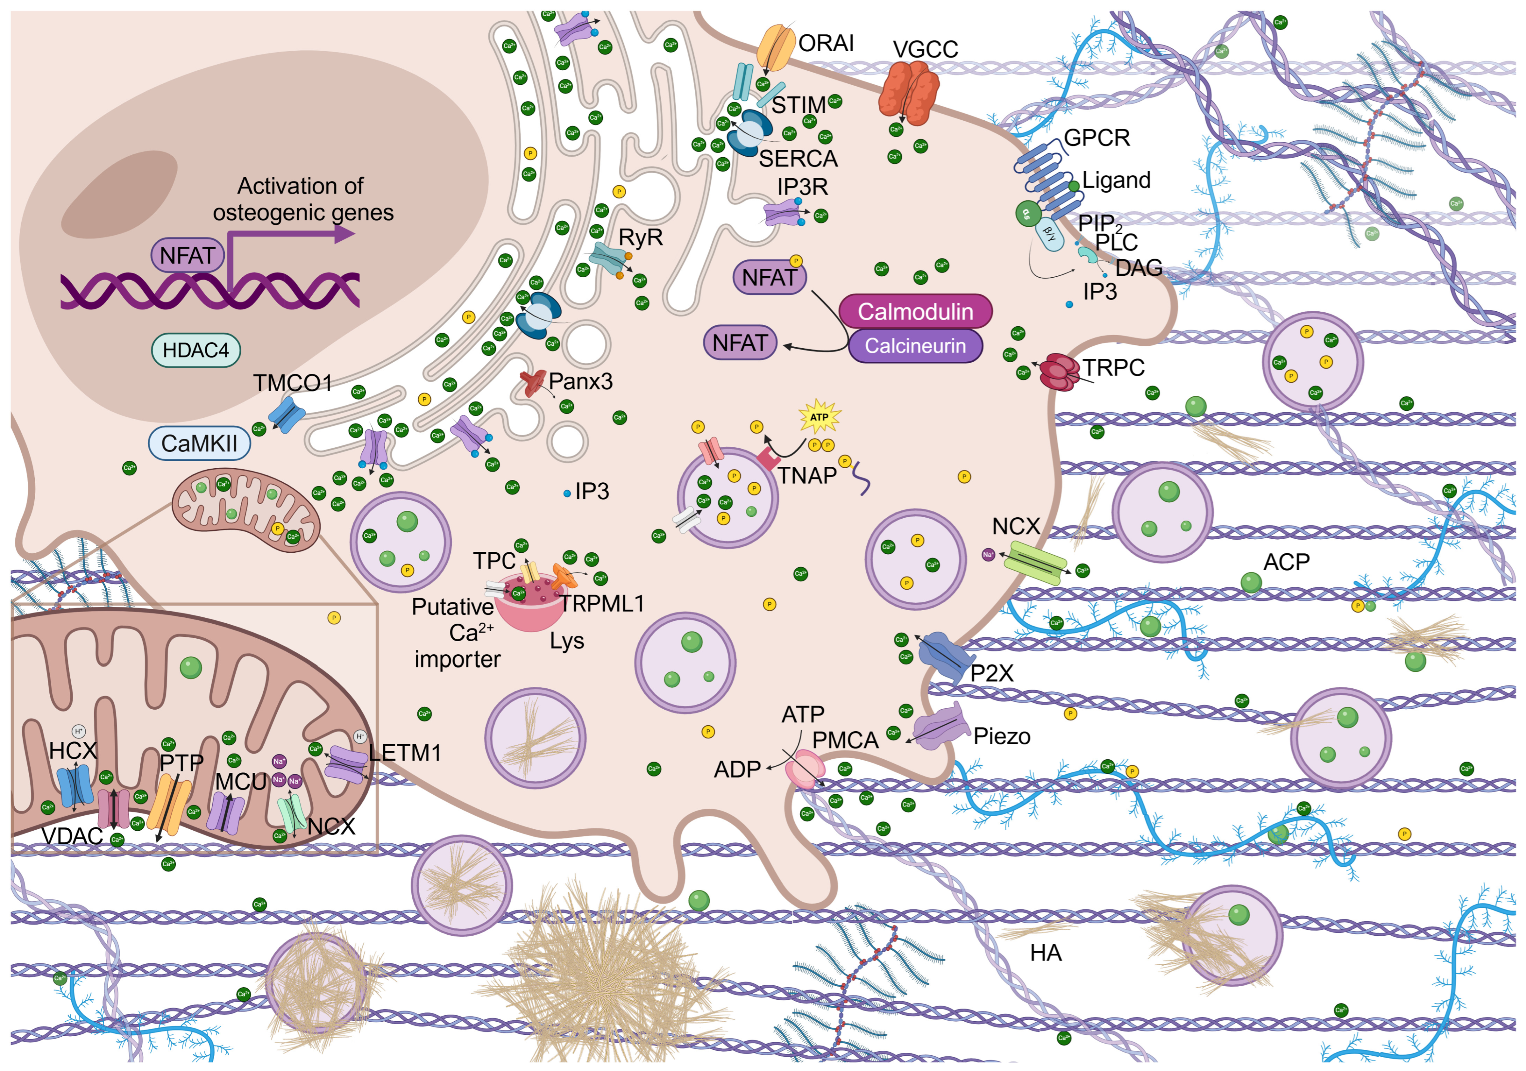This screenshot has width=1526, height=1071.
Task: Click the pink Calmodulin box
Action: [x=915, y=311]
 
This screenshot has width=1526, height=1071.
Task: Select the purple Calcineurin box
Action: [x=915, y=346]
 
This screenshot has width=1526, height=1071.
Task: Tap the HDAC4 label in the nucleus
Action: [x=196, y=350]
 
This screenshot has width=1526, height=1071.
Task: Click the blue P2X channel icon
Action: [x=942, y=657]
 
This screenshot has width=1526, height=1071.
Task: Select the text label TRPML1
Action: [x=602, y=603]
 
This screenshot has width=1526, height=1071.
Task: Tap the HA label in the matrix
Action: [x=1046, y=953]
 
